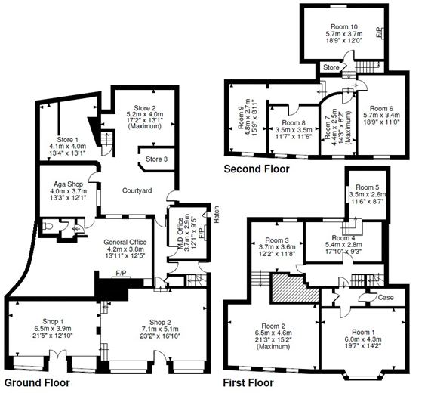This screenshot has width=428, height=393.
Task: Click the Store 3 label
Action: click(157, 159)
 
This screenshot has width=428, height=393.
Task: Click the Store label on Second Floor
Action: click(331, 67)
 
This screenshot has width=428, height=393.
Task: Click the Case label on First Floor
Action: click(385, 297)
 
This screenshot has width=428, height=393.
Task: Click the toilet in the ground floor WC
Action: click(48, 224)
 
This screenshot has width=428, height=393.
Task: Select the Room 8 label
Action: click(294, 122)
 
